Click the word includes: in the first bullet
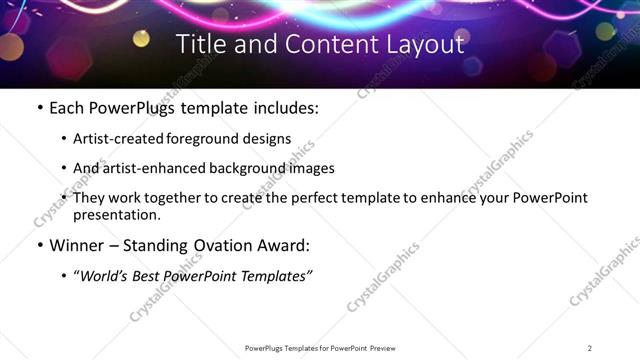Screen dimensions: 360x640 (x=283, y=107)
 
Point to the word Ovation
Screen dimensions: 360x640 (x=213, y=245)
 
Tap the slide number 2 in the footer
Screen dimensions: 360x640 (x=590, y=348)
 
